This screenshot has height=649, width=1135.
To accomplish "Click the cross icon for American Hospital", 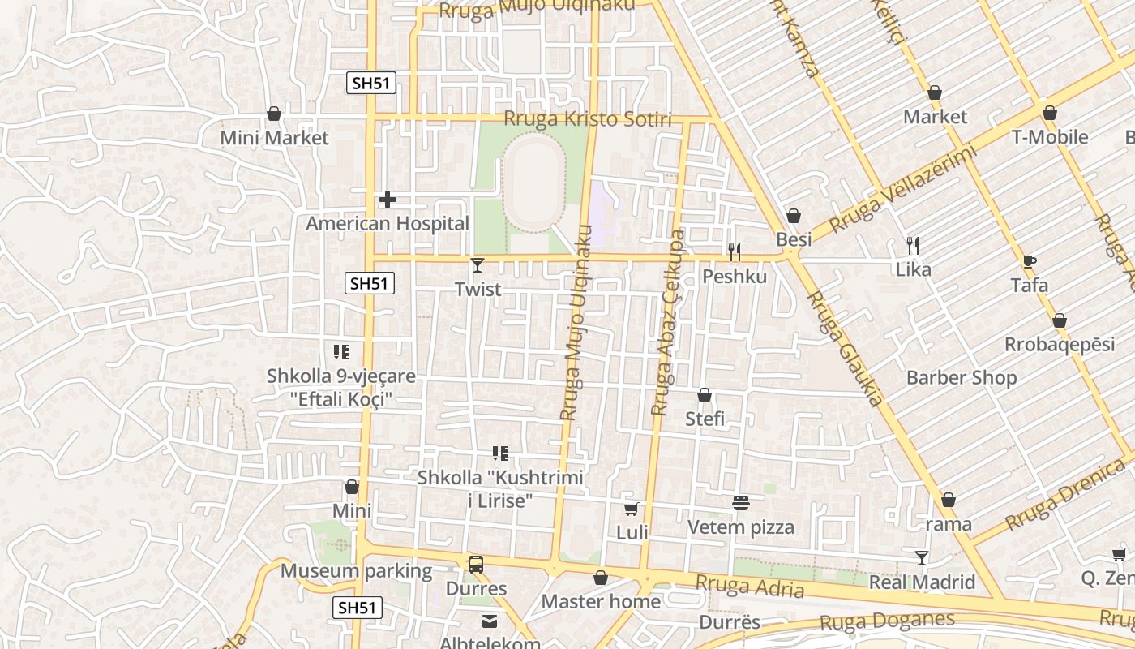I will click(388, 199).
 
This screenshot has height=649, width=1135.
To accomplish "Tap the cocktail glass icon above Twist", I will click(478, 264).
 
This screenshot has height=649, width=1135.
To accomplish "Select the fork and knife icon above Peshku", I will click(735, 251).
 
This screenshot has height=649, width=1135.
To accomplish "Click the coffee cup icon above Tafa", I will click(1029, 261).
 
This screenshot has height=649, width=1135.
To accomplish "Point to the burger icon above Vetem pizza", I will click(740, 503).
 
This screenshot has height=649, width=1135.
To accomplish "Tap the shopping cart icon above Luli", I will click(632, 509).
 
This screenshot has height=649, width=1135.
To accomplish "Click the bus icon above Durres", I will click(476, 565).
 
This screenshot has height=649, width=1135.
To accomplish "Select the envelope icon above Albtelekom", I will click(490, 621).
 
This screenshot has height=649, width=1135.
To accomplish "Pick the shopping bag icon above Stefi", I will click(705, 395).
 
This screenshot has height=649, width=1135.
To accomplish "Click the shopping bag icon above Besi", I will click(793, 216).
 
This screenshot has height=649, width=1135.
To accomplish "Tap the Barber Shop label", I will click(962, 377).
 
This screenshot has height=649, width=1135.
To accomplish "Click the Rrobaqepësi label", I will click(1060, 345).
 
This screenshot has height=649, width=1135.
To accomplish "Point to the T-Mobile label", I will click(1049, 137).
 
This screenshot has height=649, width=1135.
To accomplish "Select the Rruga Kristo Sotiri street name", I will click(588, 119).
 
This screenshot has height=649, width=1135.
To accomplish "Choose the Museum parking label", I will click(356, 570).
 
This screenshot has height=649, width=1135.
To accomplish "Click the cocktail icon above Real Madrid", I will click(922, 557).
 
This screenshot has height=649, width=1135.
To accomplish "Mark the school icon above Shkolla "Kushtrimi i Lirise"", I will click(500, 453).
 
